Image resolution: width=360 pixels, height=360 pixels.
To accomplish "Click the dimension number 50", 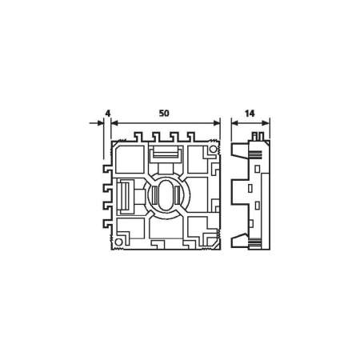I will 164,114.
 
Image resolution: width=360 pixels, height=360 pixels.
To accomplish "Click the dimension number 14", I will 250,114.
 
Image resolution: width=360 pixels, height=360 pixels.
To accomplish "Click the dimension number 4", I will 106,114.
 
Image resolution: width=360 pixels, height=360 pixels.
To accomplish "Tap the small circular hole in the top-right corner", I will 214,148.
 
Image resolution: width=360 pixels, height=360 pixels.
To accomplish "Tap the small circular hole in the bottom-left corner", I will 118,239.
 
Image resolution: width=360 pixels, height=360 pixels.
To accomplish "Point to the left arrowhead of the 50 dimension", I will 114,123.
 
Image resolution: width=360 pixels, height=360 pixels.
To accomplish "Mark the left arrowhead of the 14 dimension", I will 234,123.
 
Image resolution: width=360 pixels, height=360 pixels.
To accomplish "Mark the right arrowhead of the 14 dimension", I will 267,123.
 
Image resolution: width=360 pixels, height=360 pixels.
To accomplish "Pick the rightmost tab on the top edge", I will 190,137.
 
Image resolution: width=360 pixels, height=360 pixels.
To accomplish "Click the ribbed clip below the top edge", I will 166,151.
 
